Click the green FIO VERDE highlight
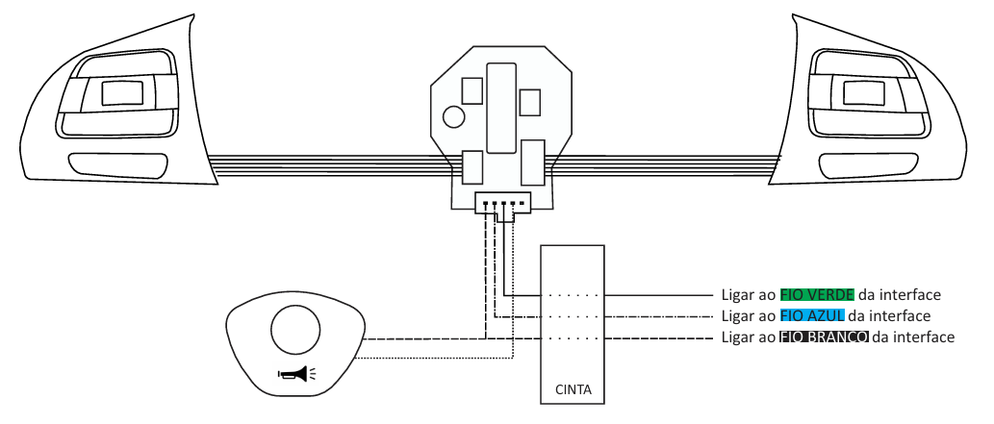coord(817,294)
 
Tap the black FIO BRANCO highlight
coord(824,337)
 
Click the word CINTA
coord(573,389)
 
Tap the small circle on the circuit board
coord(454,116)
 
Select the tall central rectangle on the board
coord(500,107)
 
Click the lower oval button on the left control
coord(118,164)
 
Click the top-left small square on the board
coord(472,90)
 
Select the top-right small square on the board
coord(530,103)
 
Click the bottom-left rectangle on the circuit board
coord(472,167)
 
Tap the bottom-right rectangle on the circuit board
coord(533,162)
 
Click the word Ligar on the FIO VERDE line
coord(735,295)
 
